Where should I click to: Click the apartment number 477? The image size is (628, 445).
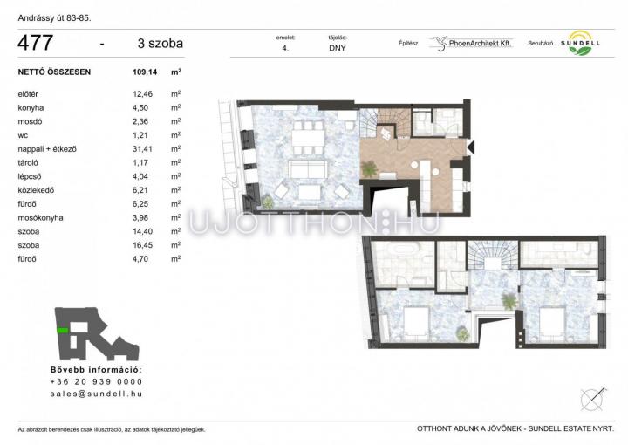point(35,43)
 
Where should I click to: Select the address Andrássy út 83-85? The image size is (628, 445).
point(54,18)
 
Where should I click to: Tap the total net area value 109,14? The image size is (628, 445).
point(145,72)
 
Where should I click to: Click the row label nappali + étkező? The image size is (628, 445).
point(47,149)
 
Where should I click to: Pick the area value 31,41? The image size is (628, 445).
point(142,149)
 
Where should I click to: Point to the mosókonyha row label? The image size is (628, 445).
point(40,218)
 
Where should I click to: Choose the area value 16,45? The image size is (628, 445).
point(142,245)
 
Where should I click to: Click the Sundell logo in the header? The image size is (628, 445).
point(580,43)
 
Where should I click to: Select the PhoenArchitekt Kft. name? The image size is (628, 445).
point(481,44)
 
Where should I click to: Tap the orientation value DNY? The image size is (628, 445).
point(338,48)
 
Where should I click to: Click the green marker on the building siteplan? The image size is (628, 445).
point(62,330)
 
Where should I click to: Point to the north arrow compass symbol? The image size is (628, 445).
point(593,399)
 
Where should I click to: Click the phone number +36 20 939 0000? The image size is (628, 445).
point(96,381)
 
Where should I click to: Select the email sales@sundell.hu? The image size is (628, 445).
point(96,394)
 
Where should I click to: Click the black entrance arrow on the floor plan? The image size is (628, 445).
point(471,147)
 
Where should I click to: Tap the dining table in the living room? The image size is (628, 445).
point(308,139)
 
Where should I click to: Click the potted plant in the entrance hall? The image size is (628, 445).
point(369,168)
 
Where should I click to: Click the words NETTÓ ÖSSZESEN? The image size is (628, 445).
point(54,72)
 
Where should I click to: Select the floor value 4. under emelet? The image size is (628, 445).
point(285,49)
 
